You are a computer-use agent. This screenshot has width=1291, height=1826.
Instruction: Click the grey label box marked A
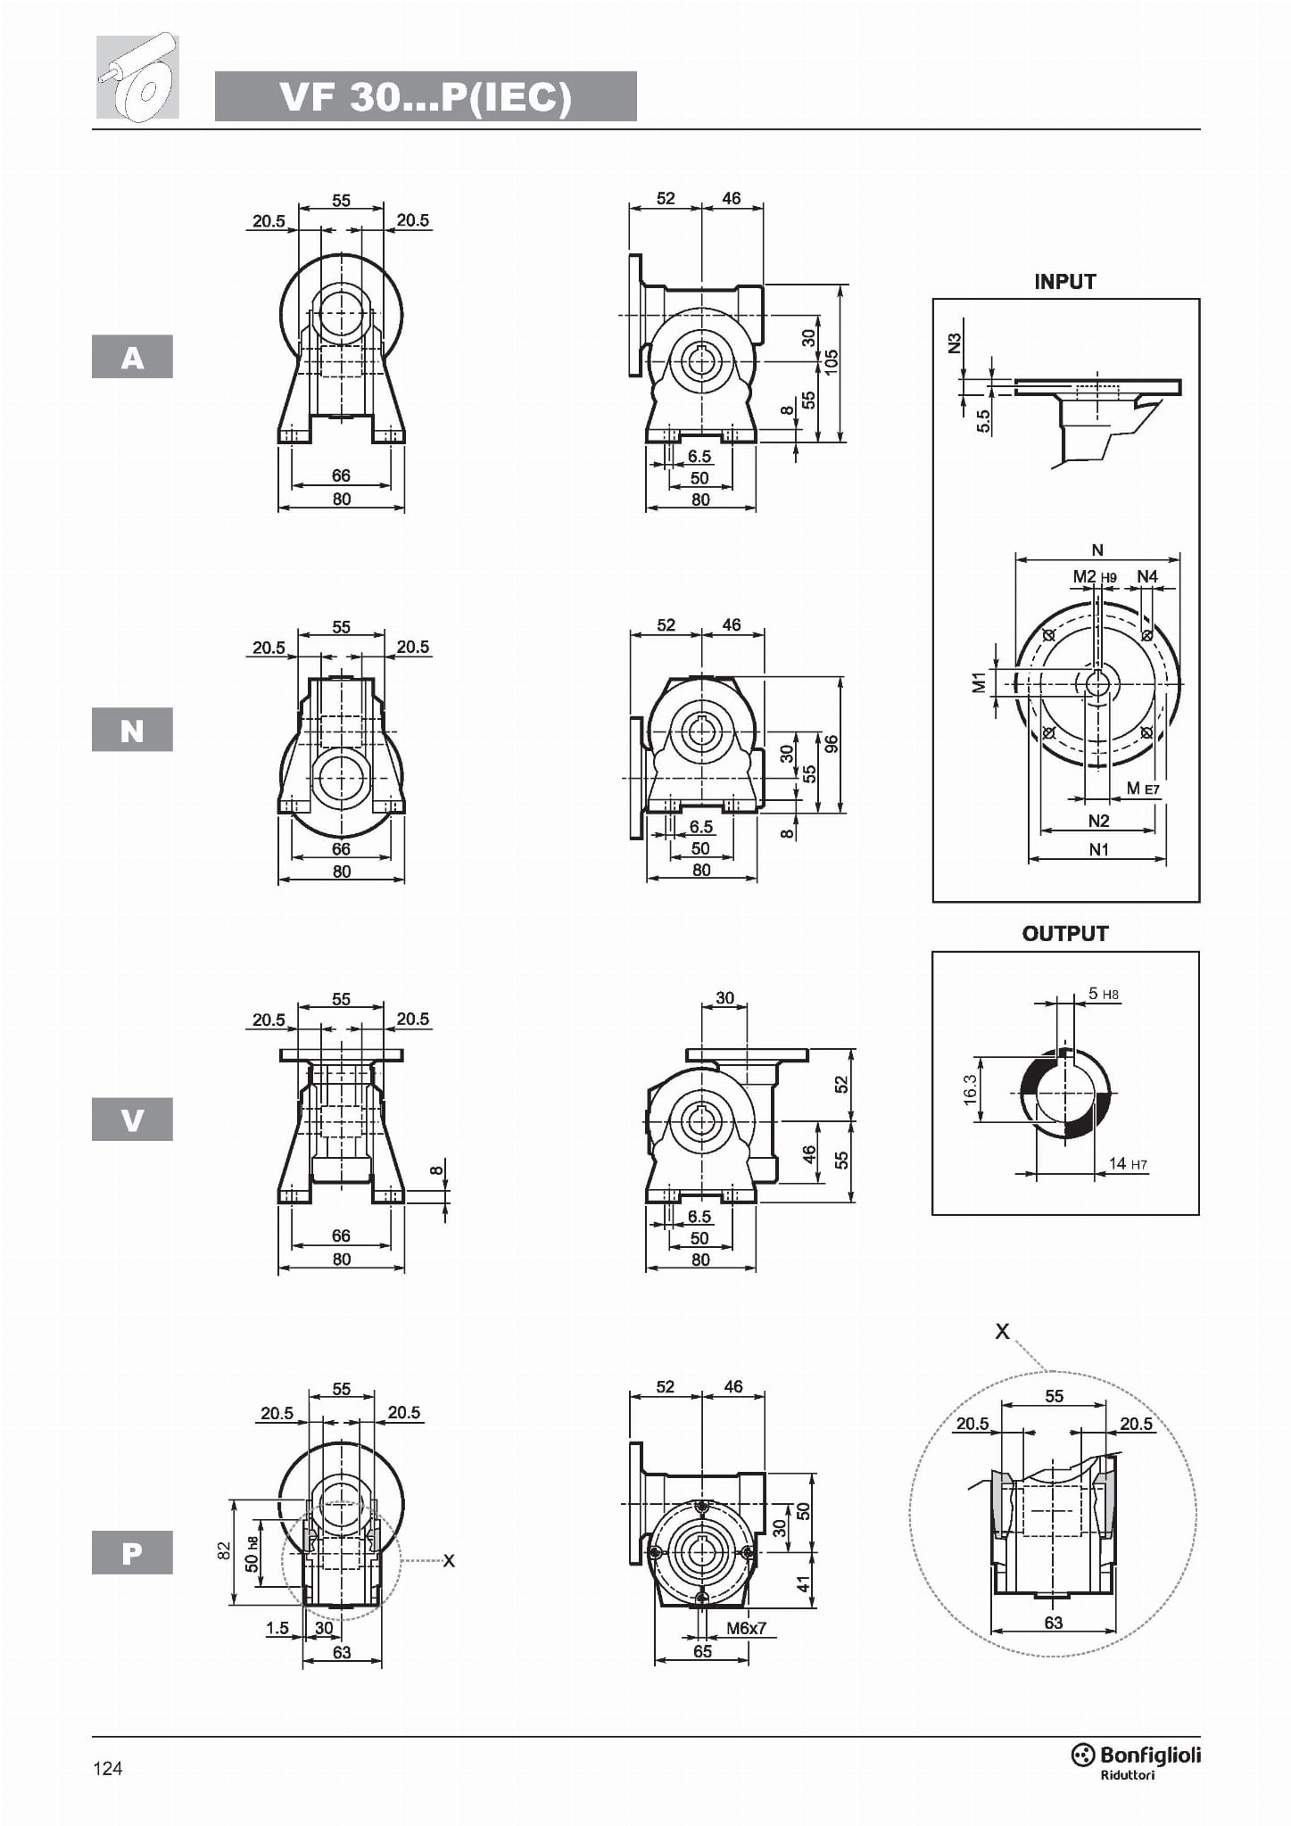click(132, 357)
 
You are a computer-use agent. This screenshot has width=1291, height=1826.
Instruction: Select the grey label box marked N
click(132, 730)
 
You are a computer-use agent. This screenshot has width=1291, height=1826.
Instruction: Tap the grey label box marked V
click(132, 1119)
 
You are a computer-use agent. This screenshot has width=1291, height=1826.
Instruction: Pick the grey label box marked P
click(132, 1552)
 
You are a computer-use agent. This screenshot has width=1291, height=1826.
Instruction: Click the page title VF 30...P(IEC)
click(426, 96)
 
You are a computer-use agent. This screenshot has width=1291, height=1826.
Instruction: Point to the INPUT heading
click(1064, 282)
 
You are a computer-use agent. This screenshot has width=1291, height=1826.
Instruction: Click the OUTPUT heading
click(1064, 934)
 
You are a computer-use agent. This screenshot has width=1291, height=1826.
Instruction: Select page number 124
click(108, 1768)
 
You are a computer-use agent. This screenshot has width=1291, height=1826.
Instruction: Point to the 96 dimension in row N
click(832, 744)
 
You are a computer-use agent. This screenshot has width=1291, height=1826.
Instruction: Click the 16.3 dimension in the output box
click(970, 1090)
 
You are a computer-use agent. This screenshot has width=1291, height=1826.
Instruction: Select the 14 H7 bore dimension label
click(1127, 1163)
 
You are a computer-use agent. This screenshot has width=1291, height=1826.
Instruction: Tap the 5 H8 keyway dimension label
click(1103, 994)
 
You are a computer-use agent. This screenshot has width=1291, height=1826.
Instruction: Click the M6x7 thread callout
click(745, 1628)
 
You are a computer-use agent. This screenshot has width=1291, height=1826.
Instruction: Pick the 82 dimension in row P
click(224, 1552)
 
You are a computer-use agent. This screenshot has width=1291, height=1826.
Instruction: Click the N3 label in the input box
click(955, 343)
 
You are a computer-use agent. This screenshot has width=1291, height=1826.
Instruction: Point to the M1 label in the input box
click(979, 682)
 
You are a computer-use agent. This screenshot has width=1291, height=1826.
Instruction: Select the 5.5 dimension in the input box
click(983, 420)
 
